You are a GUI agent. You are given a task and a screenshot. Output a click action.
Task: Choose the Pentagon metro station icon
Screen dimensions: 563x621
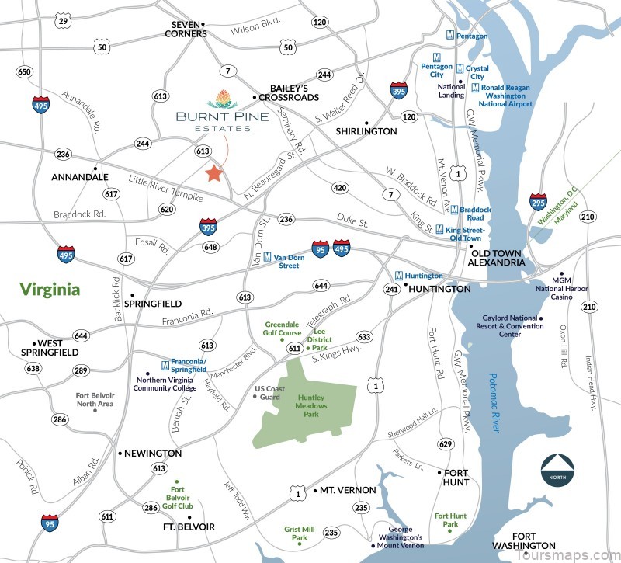(450, 36)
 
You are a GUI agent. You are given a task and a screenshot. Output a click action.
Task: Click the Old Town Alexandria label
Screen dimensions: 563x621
(497, 257)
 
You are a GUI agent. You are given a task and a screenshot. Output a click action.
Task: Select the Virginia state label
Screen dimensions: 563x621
(50, 290)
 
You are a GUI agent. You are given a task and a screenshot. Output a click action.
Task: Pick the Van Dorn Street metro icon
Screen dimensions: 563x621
(267, 256)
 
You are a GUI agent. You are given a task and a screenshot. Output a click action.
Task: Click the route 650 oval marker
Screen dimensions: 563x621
(24, 72)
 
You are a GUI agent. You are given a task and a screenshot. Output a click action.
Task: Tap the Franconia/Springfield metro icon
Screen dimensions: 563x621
(165, 365)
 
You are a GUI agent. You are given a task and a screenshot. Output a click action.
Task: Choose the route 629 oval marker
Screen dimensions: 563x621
(445, 443)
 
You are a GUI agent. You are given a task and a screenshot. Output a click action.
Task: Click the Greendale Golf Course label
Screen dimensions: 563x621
(283, 328)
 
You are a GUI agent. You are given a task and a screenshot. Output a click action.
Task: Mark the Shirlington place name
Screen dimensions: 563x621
(366, 131)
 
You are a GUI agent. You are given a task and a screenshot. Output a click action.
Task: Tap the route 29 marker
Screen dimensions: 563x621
(63, 21)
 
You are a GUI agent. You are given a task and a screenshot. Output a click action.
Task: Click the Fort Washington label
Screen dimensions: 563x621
(534, 541)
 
